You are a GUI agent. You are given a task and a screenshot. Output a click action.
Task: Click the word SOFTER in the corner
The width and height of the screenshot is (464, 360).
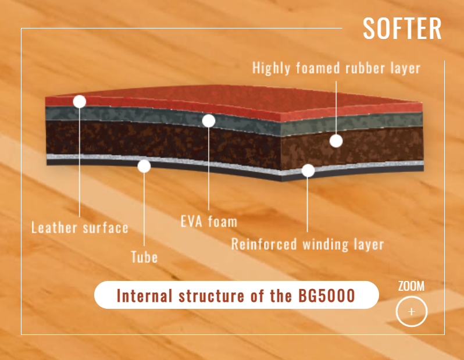point(402,28)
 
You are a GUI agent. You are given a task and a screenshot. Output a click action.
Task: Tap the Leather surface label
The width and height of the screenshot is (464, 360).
point(80,227)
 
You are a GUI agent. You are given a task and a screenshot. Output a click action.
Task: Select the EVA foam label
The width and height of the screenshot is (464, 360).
point(209,221)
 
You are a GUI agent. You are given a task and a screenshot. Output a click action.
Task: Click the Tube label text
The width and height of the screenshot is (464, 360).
point(144,256)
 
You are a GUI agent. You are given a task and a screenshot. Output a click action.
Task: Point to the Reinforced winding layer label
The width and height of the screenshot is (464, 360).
point(308,244)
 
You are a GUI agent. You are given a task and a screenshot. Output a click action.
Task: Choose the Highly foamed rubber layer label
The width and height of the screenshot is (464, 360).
point(336,68)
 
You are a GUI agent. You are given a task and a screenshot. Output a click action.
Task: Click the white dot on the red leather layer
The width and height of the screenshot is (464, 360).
point(80,101)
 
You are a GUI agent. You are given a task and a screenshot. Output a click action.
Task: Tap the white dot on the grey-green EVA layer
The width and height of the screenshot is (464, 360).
point(209,120)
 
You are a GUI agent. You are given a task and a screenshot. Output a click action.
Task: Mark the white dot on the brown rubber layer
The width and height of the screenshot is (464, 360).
point(336,140)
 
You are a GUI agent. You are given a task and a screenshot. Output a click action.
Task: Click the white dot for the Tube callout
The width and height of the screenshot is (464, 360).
point(144,166)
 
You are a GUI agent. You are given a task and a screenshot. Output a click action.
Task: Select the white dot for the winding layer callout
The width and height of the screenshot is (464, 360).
point(308,170)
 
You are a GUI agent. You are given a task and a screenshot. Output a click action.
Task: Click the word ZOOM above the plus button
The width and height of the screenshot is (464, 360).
point(411,286)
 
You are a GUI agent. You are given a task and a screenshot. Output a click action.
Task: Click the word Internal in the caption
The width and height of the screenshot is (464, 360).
point(142,295)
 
